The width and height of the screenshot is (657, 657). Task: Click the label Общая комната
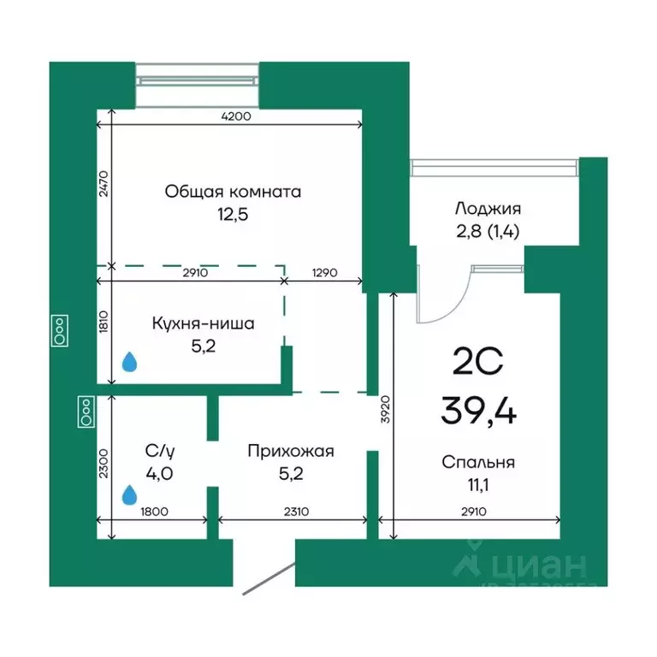coord(233,192)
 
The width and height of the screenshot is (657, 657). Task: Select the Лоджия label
coord(488,208)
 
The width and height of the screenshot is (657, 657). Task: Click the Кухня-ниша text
coord(204,324)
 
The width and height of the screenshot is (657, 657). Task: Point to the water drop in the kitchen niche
coord(130,363)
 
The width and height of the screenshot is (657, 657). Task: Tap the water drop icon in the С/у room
coord(130,494)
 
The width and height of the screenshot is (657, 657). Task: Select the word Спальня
coord(478,463)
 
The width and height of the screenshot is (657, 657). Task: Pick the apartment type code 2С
coord(477,364)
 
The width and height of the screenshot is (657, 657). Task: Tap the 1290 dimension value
coord(323,273)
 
